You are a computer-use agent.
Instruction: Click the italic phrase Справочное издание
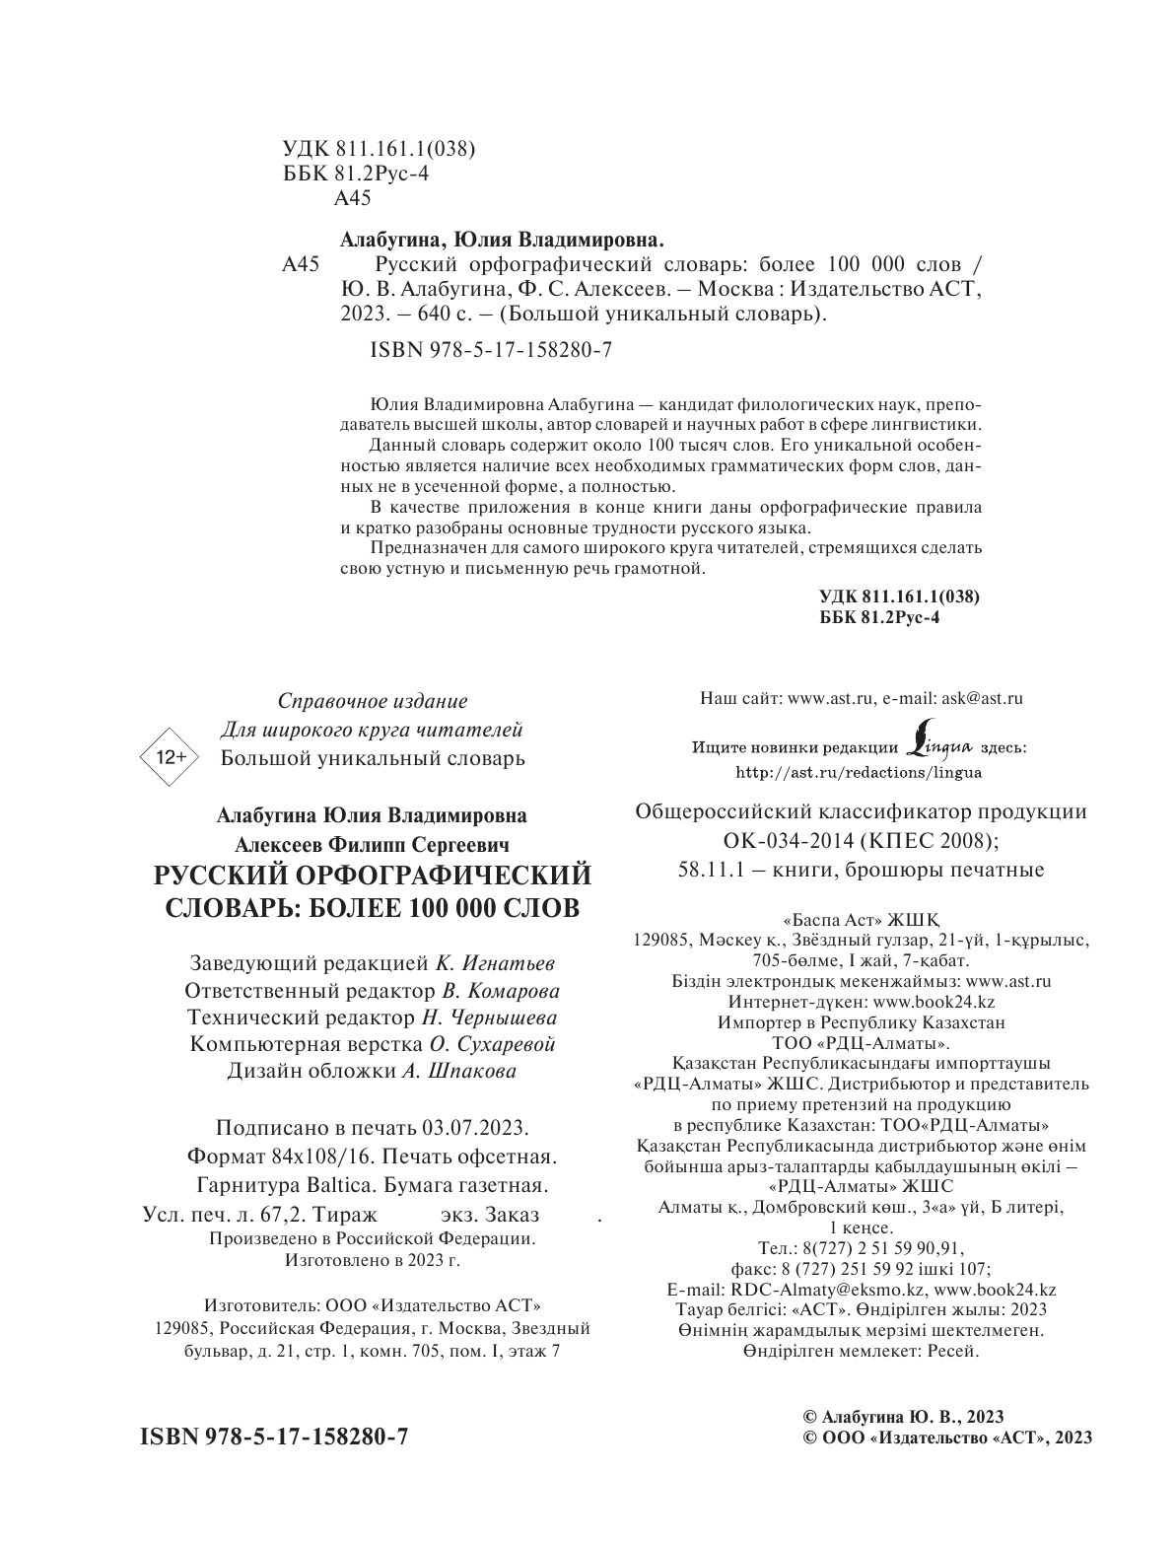pos(372,701)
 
